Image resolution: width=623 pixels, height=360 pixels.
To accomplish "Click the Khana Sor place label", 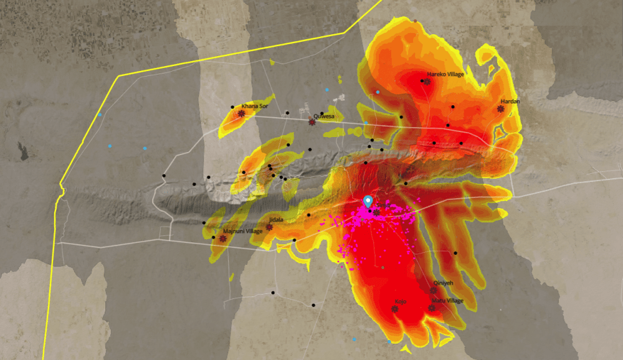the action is [x=254, y=106].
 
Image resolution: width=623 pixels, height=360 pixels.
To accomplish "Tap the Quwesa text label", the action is [x=324, y=116].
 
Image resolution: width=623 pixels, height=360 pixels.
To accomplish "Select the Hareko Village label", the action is [x=445, y=75].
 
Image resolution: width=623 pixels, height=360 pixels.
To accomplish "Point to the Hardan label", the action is [x=510, y=101].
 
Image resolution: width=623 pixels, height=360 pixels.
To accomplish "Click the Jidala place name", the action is [x=275, y=220].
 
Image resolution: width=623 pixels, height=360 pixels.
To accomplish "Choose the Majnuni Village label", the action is [x=243, y=231].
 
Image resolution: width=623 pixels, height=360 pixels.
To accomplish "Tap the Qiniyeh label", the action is [x=443, y=283].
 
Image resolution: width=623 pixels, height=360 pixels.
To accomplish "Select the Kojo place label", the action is [x=400, y=301].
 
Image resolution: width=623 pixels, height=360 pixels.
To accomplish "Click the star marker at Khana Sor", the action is [x=241, y=113].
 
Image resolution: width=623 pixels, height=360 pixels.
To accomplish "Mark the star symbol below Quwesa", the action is [x=312, y=122].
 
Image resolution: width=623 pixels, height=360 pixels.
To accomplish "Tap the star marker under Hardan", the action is [x=501, y=108].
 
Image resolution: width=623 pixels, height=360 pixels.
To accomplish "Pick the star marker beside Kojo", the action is [x=394, y=308].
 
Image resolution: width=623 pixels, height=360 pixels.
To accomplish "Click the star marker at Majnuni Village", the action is [x=222, y=238].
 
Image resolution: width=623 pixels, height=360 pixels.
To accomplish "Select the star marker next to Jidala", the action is [x=269, y=227].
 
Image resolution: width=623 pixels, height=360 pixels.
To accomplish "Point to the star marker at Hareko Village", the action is [x=427, y=82].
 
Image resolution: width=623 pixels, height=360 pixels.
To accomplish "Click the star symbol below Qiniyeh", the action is [x=433, y=290].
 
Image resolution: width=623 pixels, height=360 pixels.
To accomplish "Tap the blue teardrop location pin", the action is [x=368, y=202].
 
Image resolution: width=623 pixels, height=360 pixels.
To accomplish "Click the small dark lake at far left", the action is [x=23, y=151].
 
